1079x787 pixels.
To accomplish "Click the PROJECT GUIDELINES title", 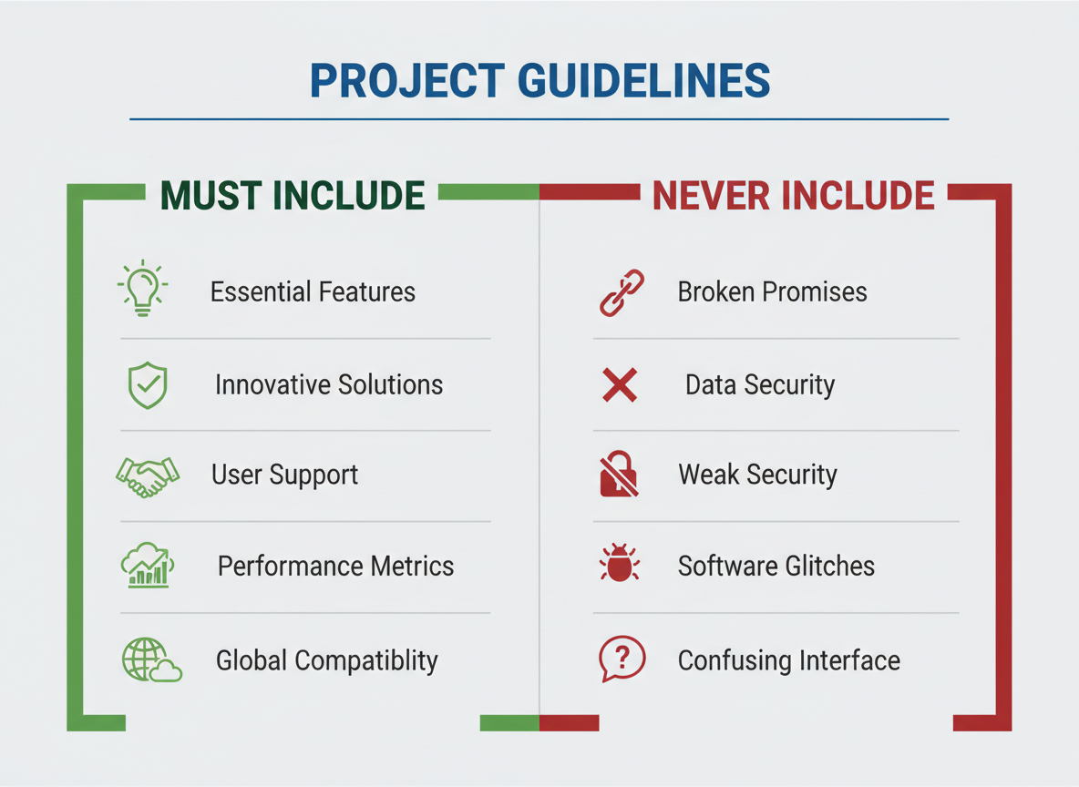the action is (x=539, y=80).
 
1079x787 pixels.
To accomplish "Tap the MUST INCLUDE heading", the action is (x=293, y=195).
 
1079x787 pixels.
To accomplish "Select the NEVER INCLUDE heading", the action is (x=794, y=195).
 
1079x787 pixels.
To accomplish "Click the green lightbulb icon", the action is (x=142, y=288).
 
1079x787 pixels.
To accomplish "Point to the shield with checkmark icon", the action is (x=148, y=385).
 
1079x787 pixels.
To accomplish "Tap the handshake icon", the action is (x=148, y=476).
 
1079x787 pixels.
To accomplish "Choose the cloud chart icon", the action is (x=148, y=566).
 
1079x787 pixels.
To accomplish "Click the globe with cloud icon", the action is (x=151, y=659).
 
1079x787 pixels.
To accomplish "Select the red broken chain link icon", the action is (x=622, y=293).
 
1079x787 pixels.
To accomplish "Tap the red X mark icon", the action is (x=620, y=384).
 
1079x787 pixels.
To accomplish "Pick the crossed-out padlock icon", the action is (x=619, y=474).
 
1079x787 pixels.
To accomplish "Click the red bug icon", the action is (x=620, y=563).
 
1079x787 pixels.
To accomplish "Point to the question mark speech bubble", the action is (x=622, y=659).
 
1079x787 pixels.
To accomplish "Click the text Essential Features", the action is (x=313, y=291).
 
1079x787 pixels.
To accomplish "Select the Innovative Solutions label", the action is (x=329, y=384).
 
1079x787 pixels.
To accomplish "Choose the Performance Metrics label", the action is (x=335, y=567).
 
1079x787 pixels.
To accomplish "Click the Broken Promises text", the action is (x=772, y=291).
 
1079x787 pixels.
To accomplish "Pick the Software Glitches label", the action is (x=776, y=567).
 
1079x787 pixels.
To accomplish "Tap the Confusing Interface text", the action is (x=788, y=660).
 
